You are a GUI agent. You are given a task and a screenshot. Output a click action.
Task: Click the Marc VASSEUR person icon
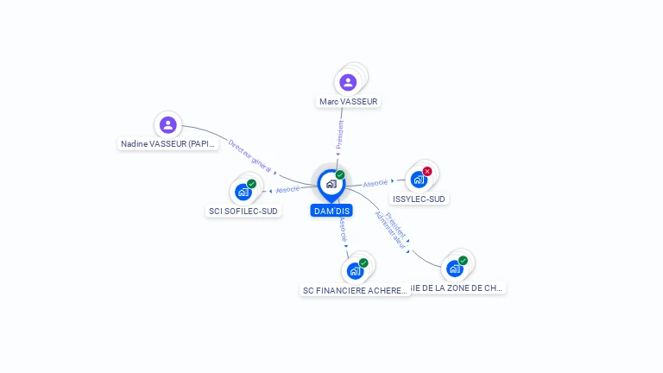tap(348, 82)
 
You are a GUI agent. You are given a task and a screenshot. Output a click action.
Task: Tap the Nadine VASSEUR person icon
tap(168, 125)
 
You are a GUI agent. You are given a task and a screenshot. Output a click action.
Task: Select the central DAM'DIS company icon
tap(331, 184)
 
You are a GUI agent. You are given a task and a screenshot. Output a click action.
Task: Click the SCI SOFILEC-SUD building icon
tap(243, 192)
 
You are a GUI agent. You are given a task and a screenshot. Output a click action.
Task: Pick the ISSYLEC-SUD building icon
tap(419, 180)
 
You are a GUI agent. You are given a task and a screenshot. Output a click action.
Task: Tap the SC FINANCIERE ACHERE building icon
tap(355, 271)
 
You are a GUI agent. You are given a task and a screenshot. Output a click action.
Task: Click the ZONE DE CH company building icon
tap(455, 269)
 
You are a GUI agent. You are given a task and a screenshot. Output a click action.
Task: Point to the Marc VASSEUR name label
tap(349, 101)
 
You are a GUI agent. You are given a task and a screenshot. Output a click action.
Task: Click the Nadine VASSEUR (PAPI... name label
tap(168, 144)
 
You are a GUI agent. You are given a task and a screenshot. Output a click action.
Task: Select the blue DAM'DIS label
tap(331, 211)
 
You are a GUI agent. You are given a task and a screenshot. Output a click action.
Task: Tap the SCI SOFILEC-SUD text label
tap(244, 211)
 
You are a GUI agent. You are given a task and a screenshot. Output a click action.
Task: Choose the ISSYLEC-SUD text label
tap(419, 199)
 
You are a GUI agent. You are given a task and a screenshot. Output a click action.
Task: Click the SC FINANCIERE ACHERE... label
tap(355, 290)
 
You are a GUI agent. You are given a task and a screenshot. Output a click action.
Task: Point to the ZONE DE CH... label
tap(457, 288)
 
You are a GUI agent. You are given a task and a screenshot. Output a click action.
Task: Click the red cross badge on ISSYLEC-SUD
tap(427, 171)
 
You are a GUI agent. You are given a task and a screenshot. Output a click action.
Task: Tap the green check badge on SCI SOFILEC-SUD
tap(252, 183)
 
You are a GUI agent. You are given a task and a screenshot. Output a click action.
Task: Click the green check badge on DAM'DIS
tap(340, 174)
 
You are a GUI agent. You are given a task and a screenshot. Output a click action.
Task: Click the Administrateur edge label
tap(390, 231)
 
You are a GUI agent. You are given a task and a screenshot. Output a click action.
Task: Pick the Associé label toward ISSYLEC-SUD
tap(376, 183)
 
